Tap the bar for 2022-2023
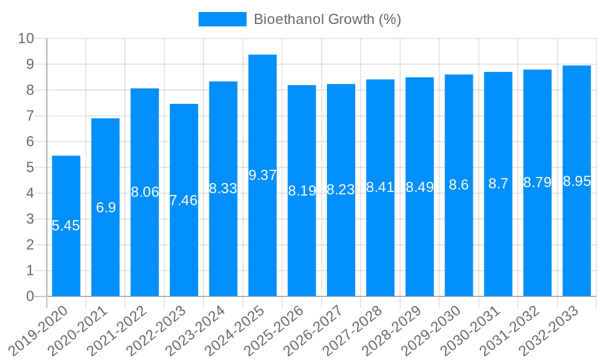[x=184, y=252]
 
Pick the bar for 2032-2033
[x=577, y=240]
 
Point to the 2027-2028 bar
[x=380, y=240]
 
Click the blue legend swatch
[x=222, y=19]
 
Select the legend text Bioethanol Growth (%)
[x=327, y=19]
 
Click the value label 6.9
[x=106, y=208]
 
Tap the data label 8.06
[x=145, y=192]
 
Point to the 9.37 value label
[x=262, y=175]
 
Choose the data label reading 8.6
[x=459, y=185]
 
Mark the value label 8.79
[x=537, y=182]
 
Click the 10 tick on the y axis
[x=26, y=38]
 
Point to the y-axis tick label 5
[x=30, y=167]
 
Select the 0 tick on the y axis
[x=30, y=296]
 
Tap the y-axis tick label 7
[x=30, y=116]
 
